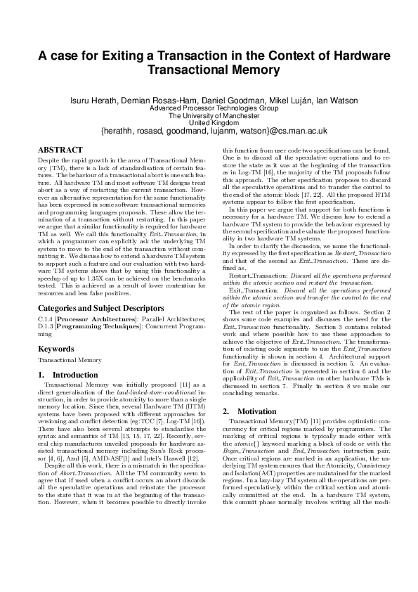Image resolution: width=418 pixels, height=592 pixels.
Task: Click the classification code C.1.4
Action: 46,319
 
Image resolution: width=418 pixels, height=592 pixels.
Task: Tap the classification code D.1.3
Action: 46,327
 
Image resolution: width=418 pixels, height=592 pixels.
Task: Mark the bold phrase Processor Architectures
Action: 90,319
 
